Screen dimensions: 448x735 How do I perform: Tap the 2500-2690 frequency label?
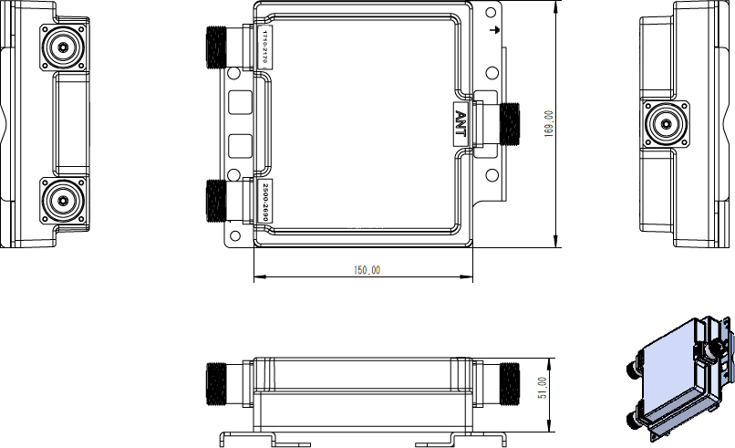266,198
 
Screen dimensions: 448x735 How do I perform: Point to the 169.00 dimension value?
548,124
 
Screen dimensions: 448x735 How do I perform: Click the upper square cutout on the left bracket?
239,100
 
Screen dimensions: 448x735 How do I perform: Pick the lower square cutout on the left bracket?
239,144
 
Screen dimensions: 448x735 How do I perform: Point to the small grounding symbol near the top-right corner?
493,30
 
